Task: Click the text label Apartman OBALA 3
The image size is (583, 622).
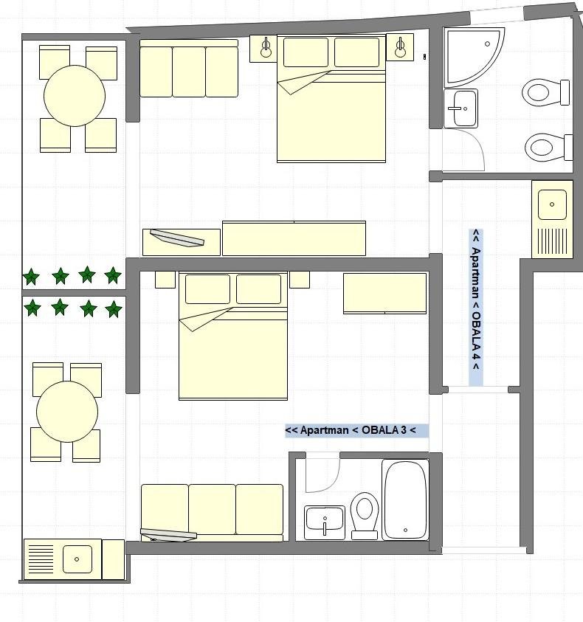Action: pos(351,430)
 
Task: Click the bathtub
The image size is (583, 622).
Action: pos(405,500)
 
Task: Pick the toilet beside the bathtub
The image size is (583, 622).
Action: pos(365,516)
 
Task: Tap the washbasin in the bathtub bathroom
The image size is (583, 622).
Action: pos(325,522)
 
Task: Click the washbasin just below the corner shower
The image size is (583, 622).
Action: pos(460,108)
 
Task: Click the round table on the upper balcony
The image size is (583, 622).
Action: pos(75,96)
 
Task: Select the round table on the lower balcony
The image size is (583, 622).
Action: pos(67,412)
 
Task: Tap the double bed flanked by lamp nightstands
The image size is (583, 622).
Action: pos(331,99)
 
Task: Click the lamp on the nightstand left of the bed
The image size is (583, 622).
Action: pos(266,48)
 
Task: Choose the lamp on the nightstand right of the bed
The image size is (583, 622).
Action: pos(400,48)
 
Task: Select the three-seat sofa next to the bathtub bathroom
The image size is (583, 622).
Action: pos(213,513)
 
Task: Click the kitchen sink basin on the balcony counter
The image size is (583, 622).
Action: pos(77,559)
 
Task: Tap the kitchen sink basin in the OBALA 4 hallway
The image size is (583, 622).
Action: pos(552,204)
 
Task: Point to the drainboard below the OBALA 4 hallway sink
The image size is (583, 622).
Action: pos(552,241)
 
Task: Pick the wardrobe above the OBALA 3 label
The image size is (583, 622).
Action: pos(385,293)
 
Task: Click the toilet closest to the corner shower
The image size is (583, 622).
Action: pos(545,93)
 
